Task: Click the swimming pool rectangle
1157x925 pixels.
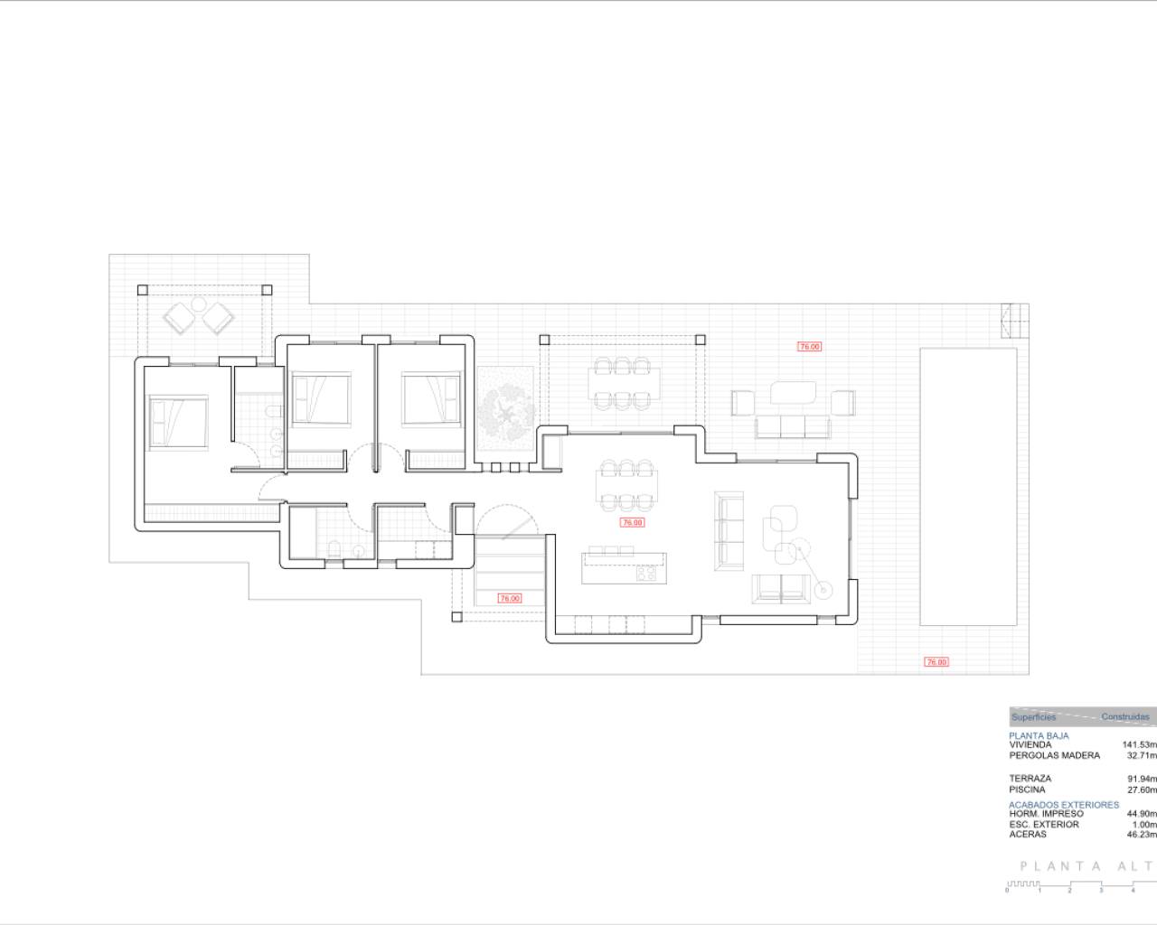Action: click(x=968, y=486)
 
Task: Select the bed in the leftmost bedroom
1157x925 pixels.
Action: click(x=178, y=421)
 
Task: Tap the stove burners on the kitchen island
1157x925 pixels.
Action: click(x=647, y=573)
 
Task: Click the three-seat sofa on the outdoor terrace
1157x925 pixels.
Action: click(x=792, y=426)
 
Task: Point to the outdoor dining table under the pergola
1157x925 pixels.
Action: click(x=622, y=383)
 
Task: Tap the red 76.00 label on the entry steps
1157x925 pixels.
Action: click(x=510, y=598)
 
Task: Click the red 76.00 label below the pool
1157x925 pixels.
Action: click(x=936, y=662)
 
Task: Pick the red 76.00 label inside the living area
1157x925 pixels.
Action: click(x=631, y=523)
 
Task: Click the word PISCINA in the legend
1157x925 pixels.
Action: click(x=1027, y=790)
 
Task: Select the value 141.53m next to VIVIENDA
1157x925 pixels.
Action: click(x=1139, y=745)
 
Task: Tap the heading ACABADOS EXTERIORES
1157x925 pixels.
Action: click(x=1063, y=804)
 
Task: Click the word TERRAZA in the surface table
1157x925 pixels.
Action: click(x=1030, y=778)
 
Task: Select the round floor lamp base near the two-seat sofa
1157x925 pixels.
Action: click(x=823, y=589)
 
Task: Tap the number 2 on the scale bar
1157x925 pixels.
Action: click(x=1069, y=891)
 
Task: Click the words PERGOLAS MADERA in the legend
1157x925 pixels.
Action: click(x=1054, y=755)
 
